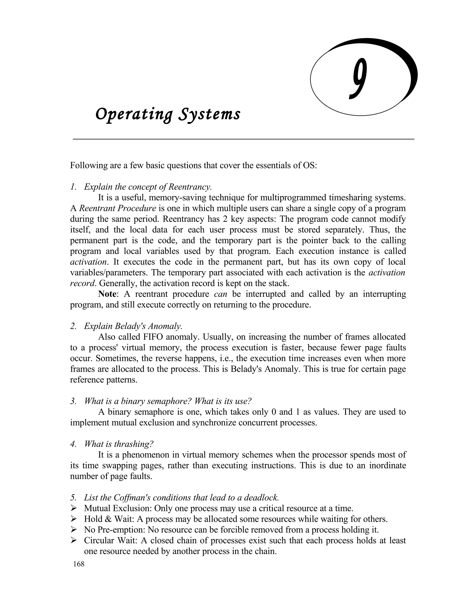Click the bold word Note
[107, 294]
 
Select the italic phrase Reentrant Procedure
[118, 208]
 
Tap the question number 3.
[73, 401]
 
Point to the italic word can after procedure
[221, 294]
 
